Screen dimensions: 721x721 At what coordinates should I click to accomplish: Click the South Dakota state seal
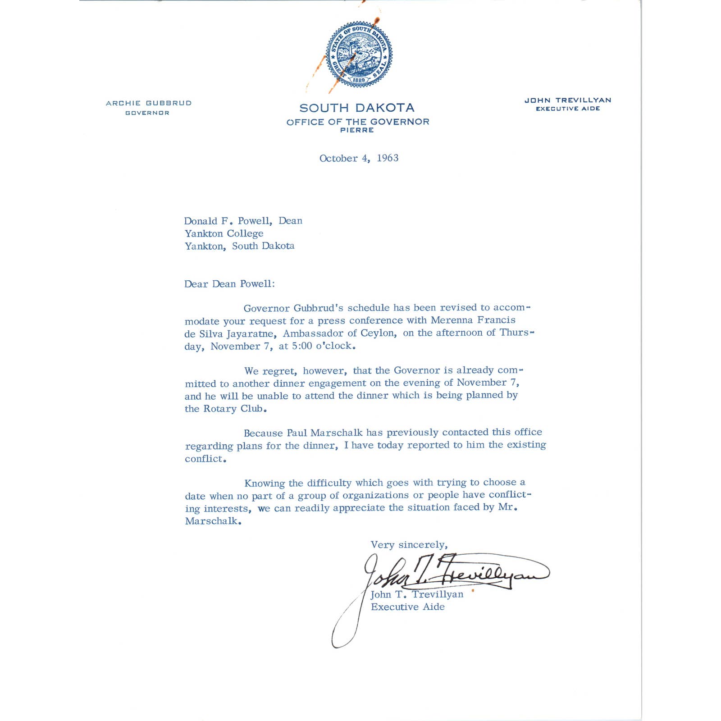coord(359,55)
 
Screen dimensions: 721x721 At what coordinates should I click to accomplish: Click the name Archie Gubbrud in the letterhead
coord(149,103)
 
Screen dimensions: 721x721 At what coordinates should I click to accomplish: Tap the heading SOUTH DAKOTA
coord(357,108)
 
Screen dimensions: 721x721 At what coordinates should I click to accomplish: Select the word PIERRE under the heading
coord(357,130)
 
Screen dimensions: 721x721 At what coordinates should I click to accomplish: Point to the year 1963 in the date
coord(388,158)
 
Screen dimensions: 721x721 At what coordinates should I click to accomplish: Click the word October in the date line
coord(338,159)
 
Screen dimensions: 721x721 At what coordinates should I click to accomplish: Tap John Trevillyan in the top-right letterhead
coord(568,100)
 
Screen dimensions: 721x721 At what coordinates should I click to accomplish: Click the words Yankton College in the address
coord(224,233)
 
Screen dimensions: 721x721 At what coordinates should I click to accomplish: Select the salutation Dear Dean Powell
coord(229,284)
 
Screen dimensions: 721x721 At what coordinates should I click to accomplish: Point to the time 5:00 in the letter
coord(302,346)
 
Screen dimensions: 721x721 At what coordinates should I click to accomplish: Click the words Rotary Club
coord(233,409)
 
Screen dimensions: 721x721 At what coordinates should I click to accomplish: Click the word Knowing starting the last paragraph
coord(265,484)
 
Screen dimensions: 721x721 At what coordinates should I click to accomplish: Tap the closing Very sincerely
coord(409,545)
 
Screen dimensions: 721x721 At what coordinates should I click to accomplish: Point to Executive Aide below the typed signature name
coord(407,607)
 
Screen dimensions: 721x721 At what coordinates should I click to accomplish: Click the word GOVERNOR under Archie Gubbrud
coord(147,113)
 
